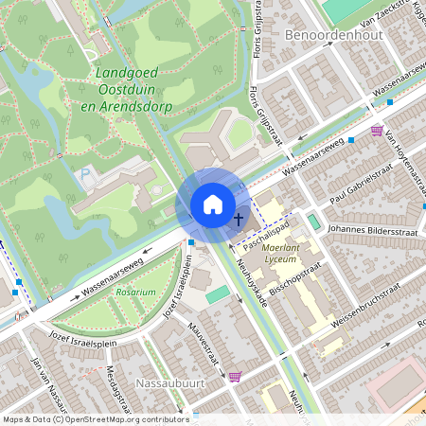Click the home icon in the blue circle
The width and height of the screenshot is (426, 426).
[x=213, y=204]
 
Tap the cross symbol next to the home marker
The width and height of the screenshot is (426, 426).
[x=238, y=219]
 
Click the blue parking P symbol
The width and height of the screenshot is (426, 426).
[x=85, y=174]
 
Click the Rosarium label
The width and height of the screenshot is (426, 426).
[x=135, y=293]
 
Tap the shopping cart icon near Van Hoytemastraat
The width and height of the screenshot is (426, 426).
[x=377, y=131]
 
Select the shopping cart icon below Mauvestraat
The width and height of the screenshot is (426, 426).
[x=235, y=376]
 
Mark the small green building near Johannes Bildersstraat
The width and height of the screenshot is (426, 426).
[x=313, y=222]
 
